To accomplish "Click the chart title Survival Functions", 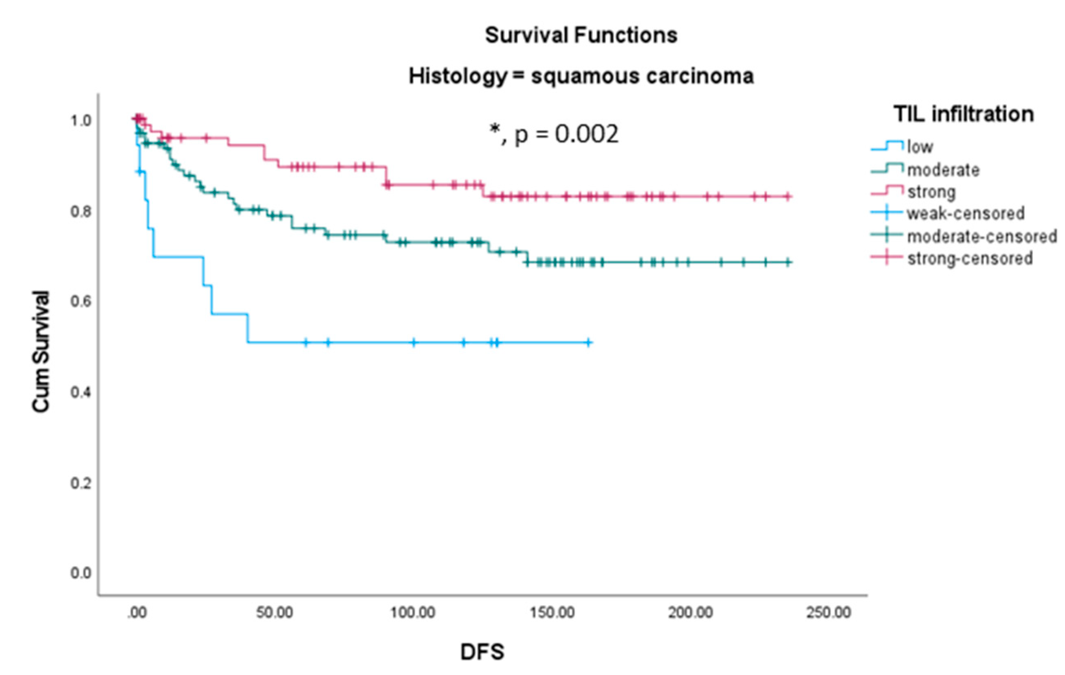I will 581,35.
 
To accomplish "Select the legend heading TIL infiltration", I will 963,114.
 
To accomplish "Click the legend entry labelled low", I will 920,147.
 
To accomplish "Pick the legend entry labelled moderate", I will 943,170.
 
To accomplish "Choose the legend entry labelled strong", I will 931,192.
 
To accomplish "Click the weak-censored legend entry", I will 966,214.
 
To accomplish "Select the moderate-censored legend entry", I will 981,237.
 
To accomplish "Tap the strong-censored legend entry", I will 970,259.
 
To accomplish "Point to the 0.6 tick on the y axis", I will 81,302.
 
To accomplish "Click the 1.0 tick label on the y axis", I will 81,120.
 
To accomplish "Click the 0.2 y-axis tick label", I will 81,483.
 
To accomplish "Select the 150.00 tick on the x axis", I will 552,613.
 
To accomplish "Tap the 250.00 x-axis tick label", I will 828,613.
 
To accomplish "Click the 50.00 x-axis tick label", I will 275,613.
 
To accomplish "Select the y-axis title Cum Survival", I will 41,352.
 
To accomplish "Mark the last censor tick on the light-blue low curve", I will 589,342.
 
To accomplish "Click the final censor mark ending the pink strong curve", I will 788,197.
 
